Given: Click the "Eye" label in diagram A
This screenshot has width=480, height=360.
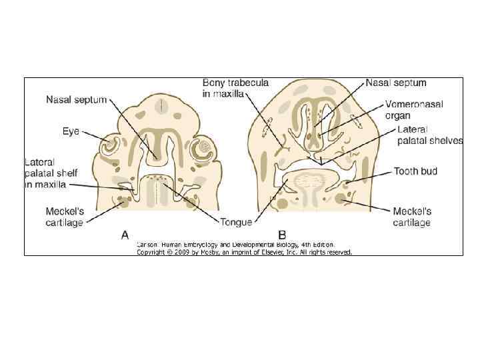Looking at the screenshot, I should click(71, 131).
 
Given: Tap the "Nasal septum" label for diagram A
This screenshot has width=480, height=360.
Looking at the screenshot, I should click(76, 100).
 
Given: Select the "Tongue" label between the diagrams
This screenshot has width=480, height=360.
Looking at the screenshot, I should click(237, 222).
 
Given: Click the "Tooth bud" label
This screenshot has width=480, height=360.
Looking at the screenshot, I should click(415, 171).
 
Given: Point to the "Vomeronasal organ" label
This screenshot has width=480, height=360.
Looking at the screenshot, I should click(414, 109).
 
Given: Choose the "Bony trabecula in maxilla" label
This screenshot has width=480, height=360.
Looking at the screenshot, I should click(236, 88).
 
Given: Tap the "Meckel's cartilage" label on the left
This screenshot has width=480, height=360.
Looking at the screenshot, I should click(64, 217).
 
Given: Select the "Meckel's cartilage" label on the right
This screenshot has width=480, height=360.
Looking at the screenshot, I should click(412, 217).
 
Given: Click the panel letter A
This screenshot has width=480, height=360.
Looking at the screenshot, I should click(125, 234).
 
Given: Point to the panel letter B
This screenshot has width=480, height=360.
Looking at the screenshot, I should click(282, 234).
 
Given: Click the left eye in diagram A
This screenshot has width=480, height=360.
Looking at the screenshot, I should click(110, 145).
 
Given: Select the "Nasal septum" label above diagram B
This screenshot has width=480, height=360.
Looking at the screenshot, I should click(396, 83).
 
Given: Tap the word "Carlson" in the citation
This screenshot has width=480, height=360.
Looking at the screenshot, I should click(148, 245).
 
